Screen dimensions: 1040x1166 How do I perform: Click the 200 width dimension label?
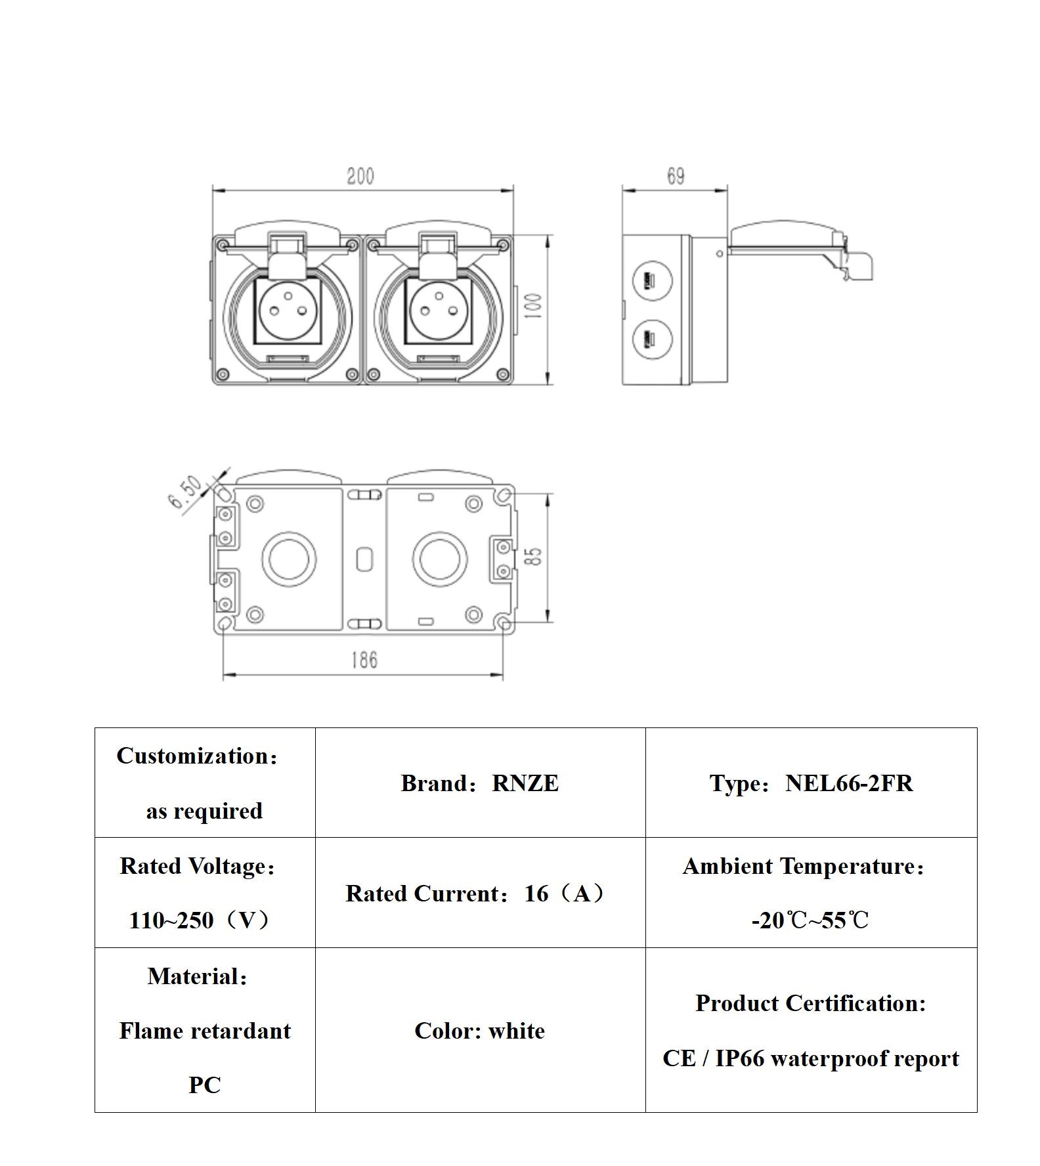(360, 176)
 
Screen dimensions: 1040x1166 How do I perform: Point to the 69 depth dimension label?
(676, 176)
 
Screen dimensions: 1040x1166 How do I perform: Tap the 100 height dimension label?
(534, 307)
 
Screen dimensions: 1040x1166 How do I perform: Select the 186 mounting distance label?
(364, 659)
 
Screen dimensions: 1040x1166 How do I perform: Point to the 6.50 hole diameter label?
(186, 492)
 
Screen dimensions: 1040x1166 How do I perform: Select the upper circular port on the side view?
(652, 281)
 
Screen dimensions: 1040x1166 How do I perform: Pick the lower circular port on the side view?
(652, 341)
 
